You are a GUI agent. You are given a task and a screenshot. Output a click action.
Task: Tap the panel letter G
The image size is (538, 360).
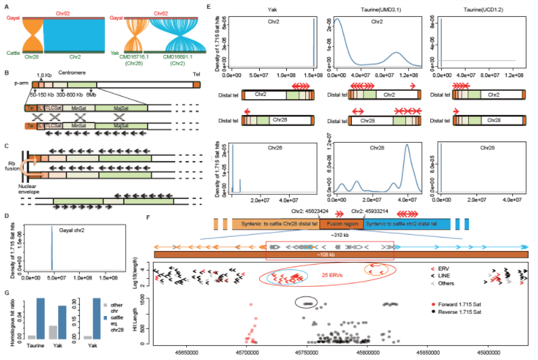[x=6, y=293]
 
